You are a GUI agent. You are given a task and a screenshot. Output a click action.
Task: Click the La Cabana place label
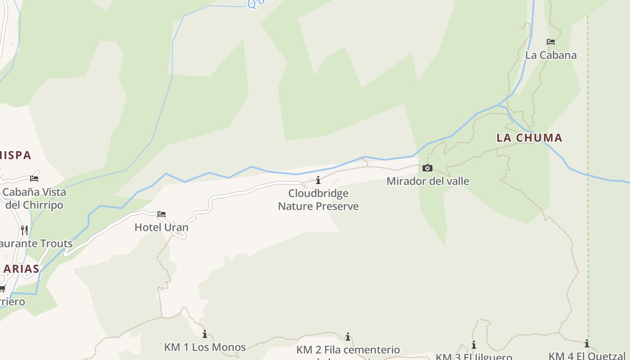click(x=551, y=55)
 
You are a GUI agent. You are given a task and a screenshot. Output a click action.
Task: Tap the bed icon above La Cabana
click(x=551, y=42)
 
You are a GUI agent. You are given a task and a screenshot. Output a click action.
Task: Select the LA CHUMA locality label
click(x=529, y=138)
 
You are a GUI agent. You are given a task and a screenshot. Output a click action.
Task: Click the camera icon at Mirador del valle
click(x=427, y=168)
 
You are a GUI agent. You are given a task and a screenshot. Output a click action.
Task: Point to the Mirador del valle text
click(x=427, y=181)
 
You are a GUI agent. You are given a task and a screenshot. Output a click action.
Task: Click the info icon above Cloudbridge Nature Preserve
click(x=318, y=180)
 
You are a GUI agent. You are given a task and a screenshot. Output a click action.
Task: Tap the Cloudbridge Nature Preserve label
click(x=318, y=200)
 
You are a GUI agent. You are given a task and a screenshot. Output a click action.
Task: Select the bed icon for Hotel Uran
click(x=162, y=214)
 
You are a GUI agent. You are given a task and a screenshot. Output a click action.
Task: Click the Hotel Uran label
click(x=162, y=228)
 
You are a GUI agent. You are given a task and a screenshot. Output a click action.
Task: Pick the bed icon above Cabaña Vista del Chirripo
click(x=34, y=179)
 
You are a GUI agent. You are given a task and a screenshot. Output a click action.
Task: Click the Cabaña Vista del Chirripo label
click(x=34, y=198)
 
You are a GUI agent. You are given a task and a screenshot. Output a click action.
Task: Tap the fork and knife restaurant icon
click(x=24, y=230)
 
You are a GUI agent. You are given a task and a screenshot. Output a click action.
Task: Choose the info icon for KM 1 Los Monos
click(x=205, y=334)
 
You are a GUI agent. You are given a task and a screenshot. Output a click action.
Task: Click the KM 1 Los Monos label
click(x=205, y=347)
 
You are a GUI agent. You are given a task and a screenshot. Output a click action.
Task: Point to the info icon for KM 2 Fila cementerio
click(x=347, y=337)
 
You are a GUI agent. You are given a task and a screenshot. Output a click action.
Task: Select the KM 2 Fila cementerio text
click(x=348, y=350)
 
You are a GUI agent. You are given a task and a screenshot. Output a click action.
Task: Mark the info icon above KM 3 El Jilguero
click(x=473, y=345)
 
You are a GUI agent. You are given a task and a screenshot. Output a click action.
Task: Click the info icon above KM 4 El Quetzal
click(x=587, y=344)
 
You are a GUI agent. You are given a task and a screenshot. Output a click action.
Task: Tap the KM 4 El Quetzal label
click(x=587, y=356)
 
